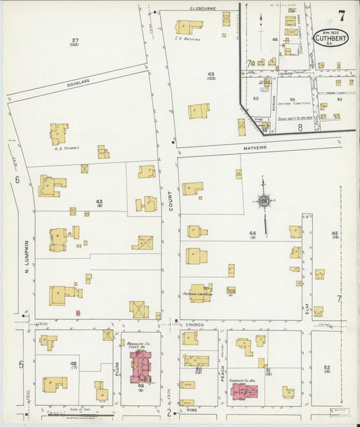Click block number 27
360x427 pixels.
click(x=75, y=41)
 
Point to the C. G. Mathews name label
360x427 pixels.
click(x=188, y=39)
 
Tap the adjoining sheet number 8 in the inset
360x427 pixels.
click(x=299, y=126)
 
